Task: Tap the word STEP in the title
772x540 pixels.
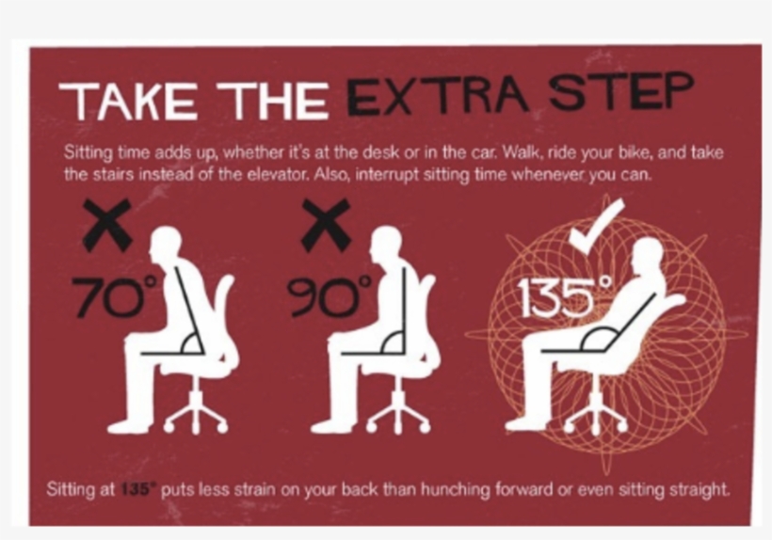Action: [622, 93]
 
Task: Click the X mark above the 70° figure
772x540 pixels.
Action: [105, 224]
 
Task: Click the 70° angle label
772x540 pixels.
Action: [106, 296]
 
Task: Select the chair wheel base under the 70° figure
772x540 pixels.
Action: [197, 415]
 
